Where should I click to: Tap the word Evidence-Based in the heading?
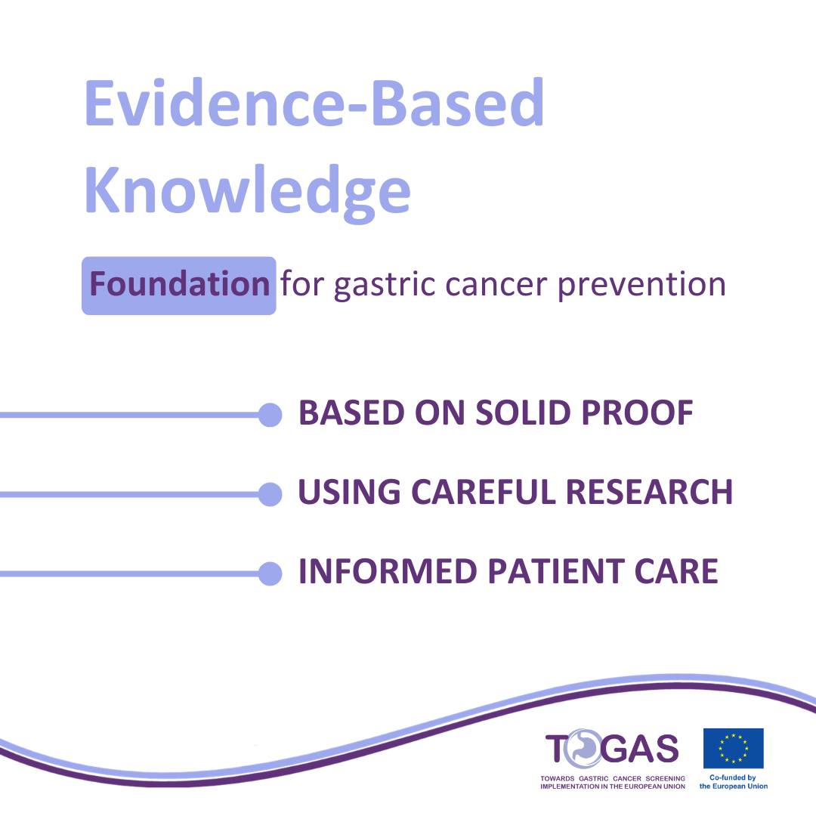[314, 103]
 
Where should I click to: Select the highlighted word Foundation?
[179, 285]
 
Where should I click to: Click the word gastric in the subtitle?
[385, 286]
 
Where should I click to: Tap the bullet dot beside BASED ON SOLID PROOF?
[270, 415]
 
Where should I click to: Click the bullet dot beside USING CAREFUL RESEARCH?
[270, 494]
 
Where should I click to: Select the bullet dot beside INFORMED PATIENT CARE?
[270, 573]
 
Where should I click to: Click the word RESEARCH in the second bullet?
[649, 492]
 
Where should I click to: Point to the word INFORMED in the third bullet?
[388, 571]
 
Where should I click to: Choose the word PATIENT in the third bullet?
[556, 571]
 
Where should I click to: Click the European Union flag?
[733, 748]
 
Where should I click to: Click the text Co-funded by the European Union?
[733, 782]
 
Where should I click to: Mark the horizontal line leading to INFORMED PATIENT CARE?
[129, 573]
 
